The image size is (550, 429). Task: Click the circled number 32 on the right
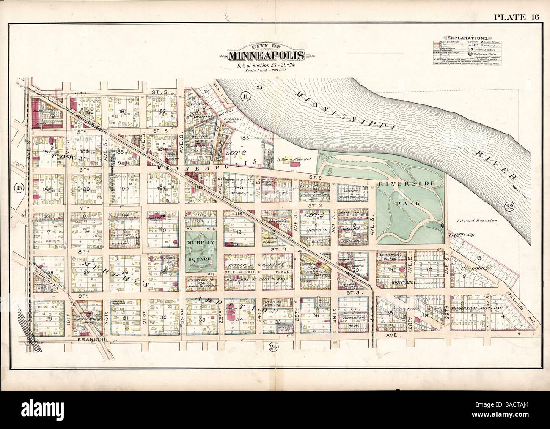(509, 207)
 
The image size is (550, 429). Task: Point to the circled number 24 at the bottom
(273, 347)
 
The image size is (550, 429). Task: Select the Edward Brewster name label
(476, 221)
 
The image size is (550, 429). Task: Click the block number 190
(124, 189)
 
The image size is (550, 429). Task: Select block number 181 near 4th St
(123, 112)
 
